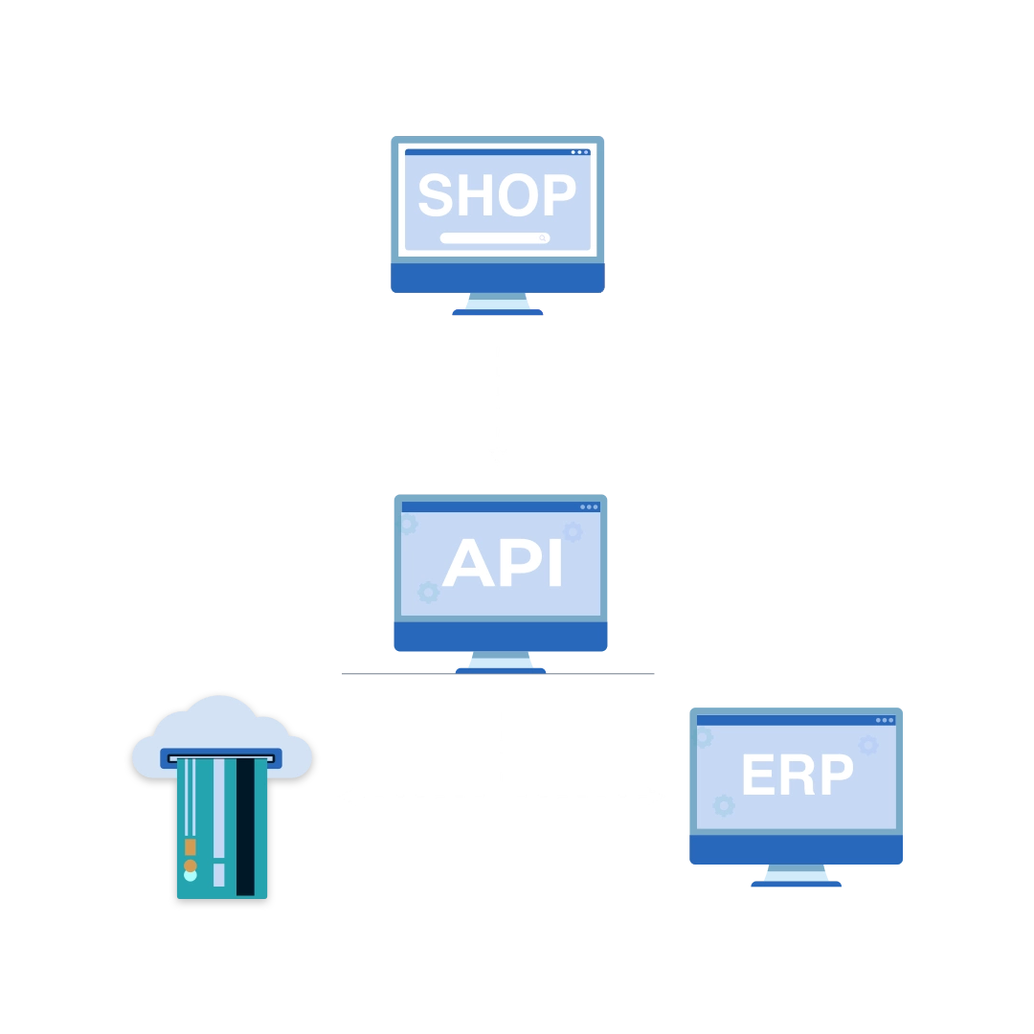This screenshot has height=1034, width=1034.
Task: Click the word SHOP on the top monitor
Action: coord(497,195)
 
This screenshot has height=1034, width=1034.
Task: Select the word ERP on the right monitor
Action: coord(797,775)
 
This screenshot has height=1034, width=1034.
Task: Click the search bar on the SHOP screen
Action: coord(494,238)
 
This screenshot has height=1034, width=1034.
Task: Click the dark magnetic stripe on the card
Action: coord(245,826)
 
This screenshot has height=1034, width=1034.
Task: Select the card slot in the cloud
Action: coord(221,758)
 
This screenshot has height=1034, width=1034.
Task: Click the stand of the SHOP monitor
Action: coord(498,303)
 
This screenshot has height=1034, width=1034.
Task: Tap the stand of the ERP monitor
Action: coord(797,874)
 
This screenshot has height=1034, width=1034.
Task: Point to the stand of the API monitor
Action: coord(501,661)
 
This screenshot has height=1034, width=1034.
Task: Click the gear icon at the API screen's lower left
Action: coord(429,592)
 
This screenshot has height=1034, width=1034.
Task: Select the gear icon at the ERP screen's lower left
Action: coord(724,805)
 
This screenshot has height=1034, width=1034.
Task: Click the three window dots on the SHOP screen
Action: coord(579,152)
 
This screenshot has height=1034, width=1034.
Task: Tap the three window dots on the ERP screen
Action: coord(884,720)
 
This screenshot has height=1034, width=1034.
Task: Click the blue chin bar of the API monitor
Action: coord(501,636)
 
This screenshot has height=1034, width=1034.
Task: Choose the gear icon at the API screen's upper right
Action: coord(573,531)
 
